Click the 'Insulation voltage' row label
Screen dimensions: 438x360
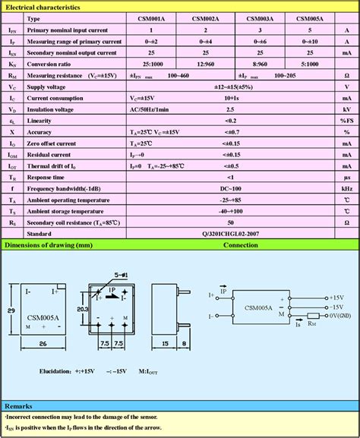tap(55, 109)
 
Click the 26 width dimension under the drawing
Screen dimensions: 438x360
tap(43, 343)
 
